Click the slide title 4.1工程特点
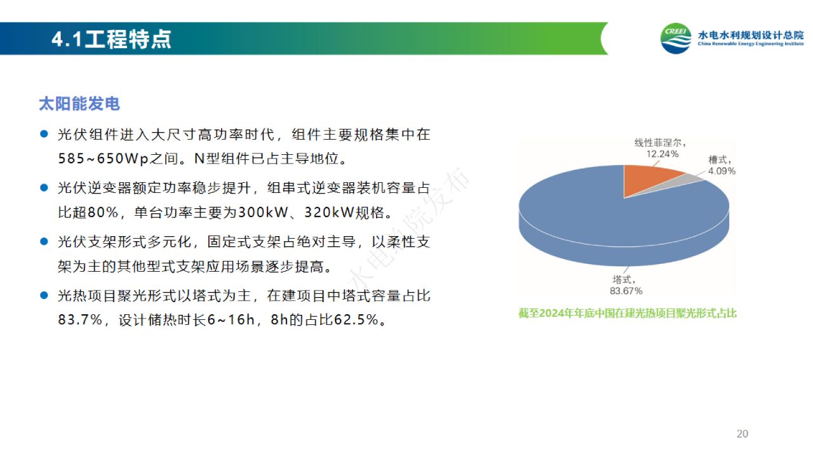click(x=111, y=39)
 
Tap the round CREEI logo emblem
click(x=676, y=39)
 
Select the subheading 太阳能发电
click(x=79, y=103)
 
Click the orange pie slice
click(x=648, y=178)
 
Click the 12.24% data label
click(x=662, y=154)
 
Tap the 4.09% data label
click(x=722, y=171)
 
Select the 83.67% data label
click(x=626, y=291)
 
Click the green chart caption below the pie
click(x=628, y=313)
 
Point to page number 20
click(x=742, y=434)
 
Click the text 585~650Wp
click(x=104, y=159)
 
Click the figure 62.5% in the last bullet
click(x=356, y=320)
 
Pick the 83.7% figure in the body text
click(x=80, y=320)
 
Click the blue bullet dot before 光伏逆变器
click(x=44, y=188)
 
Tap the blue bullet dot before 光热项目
click(x=44, y=296)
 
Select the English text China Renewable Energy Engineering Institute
click(x=751, y=44)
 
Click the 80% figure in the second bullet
click(x=103, y=213)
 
